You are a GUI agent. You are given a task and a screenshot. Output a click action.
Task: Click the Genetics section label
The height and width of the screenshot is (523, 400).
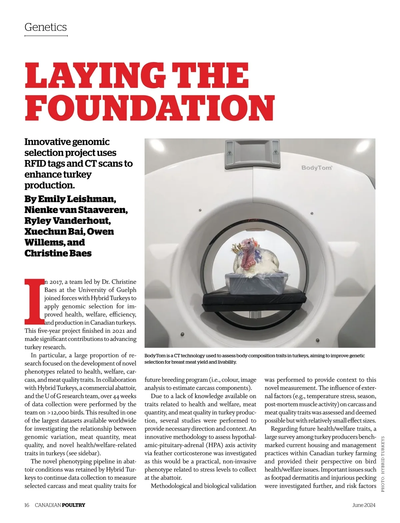(x=46, y=27)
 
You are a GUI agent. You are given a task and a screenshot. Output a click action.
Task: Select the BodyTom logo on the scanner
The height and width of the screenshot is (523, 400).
(x=317, y=167)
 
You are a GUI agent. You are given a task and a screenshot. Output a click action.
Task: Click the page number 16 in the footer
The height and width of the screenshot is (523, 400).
(x=27, y=505)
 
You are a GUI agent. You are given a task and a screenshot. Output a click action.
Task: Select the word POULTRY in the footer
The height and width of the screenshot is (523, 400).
(x=74, y=505)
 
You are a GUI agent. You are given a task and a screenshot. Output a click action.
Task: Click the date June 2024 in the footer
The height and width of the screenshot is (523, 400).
(x=363, y=505)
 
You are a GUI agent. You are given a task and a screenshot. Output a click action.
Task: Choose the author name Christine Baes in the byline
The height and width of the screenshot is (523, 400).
(x=58, y=253)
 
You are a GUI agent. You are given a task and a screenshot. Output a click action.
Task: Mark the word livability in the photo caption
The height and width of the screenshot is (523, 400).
(x=225, y=362)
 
